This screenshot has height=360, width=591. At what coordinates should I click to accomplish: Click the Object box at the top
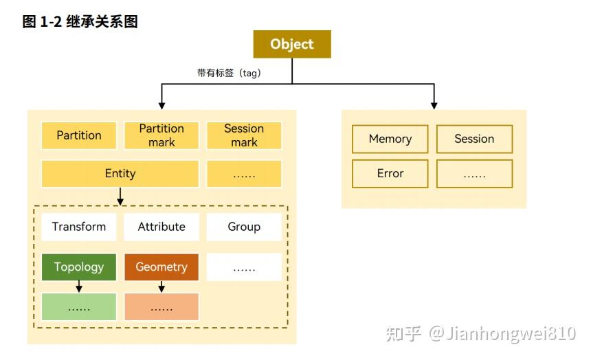292,44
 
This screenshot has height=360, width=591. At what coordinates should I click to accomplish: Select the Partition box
79,135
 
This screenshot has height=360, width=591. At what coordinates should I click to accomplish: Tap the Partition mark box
161,135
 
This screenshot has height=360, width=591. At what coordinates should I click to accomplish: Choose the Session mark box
244,135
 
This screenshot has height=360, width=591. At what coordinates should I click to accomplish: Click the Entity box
120,174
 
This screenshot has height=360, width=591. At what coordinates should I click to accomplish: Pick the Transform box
79,227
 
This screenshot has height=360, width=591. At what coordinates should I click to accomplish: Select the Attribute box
161,227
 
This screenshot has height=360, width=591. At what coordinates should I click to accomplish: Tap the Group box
244,227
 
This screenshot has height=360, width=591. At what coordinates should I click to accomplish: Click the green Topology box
79,267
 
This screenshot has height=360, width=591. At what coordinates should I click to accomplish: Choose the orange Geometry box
161,267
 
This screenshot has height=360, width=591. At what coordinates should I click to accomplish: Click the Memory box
390,139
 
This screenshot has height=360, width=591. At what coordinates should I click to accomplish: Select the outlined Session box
474,139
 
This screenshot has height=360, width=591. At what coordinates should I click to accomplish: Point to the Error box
390,174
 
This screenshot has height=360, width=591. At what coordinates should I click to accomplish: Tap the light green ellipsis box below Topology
79,307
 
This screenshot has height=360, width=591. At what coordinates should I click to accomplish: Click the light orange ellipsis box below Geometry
161,307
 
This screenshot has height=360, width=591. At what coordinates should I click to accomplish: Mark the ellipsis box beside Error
474,174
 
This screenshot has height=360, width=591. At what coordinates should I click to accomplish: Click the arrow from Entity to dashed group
120,196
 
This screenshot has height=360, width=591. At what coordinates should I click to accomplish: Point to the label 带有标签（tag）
229,73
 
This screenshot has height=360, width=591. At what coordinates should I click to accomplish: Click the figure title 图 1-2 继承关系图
80,21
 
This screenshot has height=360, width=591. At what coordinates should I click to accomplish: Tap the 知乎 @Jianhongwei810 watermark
480,334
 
